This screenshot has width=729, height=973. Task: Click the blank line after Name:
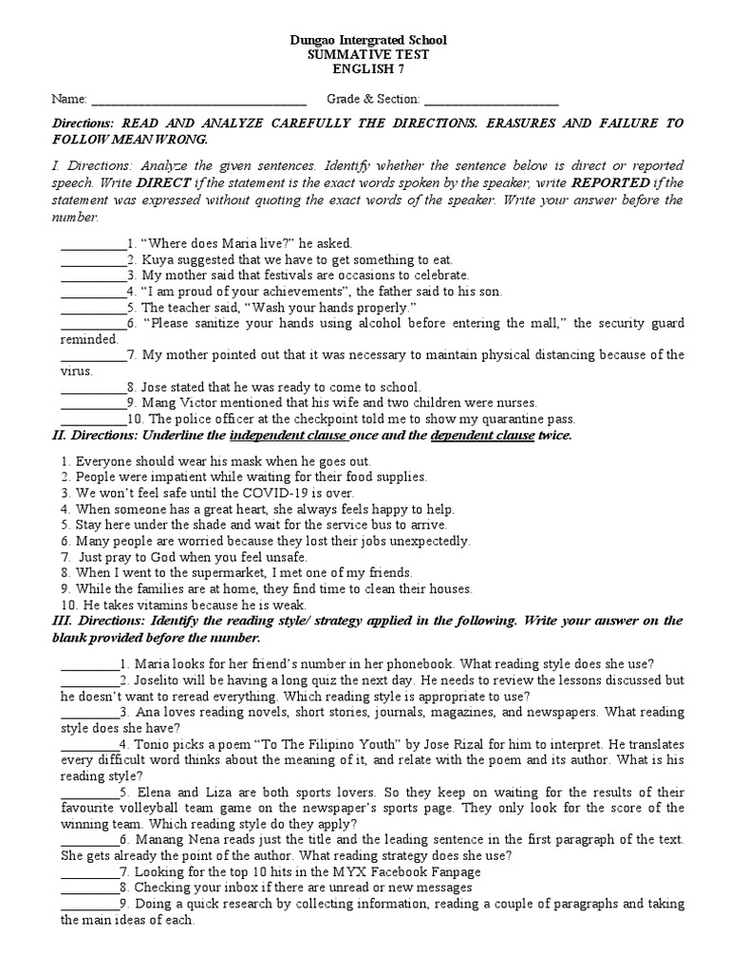[198, 100]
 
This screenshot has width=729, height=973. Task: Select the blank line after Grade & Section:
[491, 100]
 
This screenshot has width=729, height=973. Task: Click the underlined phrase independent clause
[289, 435]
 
